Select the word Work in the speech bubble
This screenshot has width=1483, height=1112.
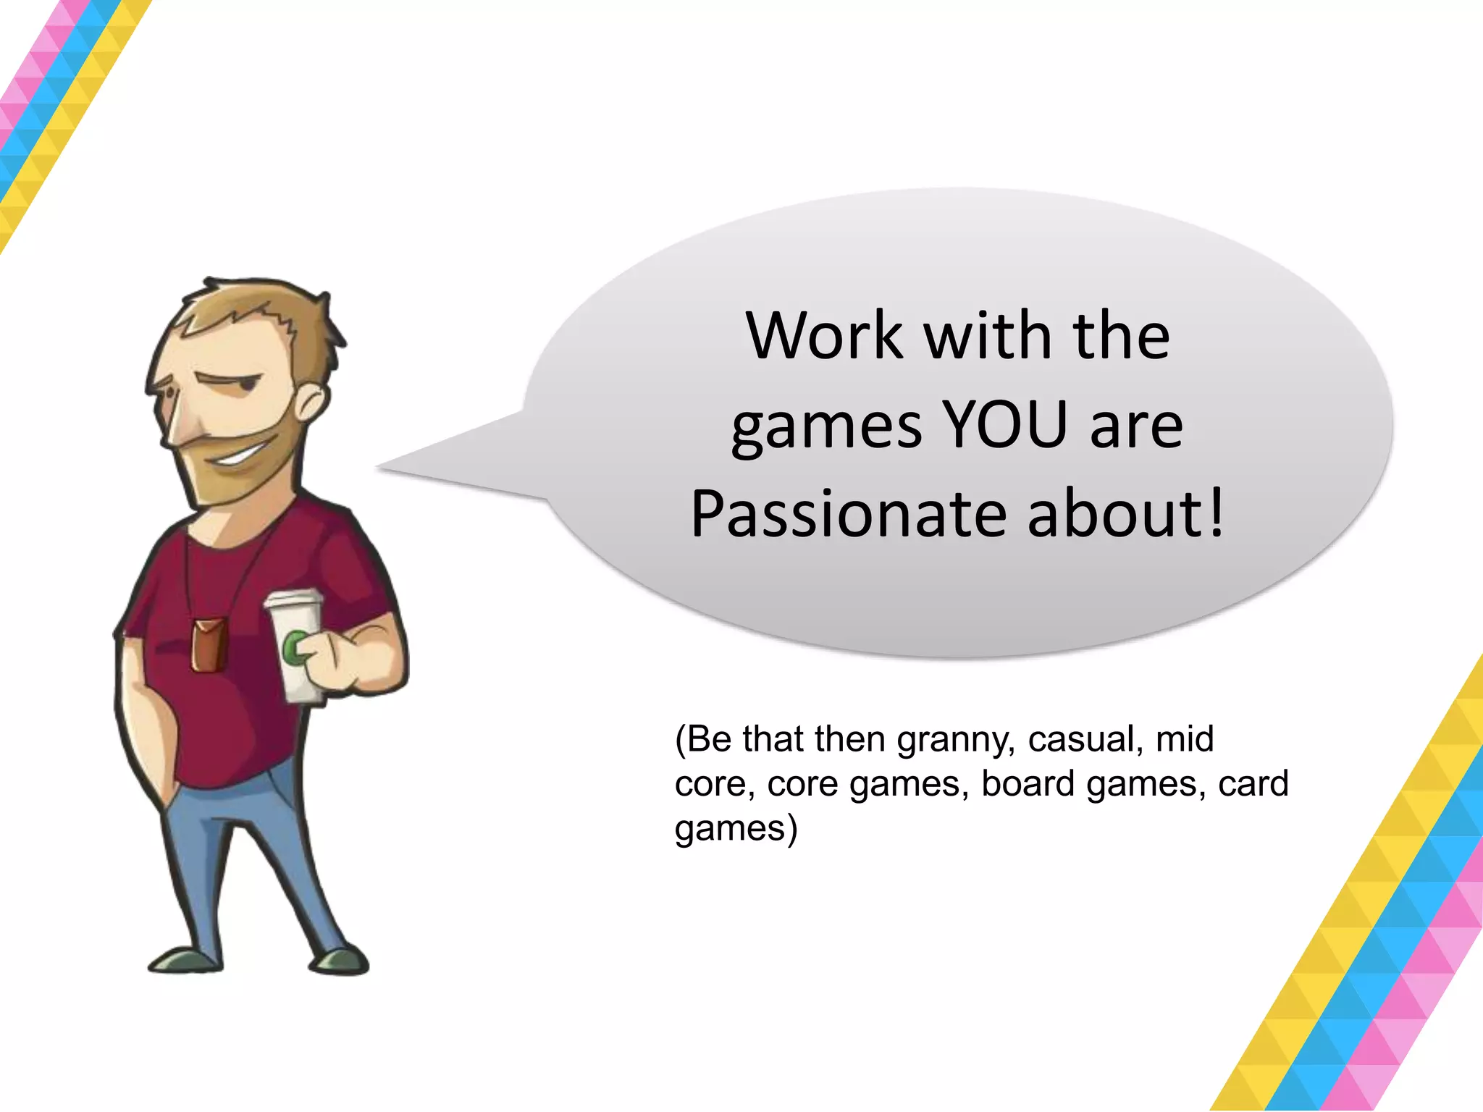click(x=825, y=336)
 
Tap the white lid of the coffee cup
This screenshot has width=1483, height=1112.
click(x=293, y=600)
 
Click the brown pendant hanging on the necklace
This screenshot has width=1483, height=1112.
click(x=209, y=644)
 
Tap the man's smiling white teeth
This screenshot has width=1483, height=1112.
click(x=239, y=457)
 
